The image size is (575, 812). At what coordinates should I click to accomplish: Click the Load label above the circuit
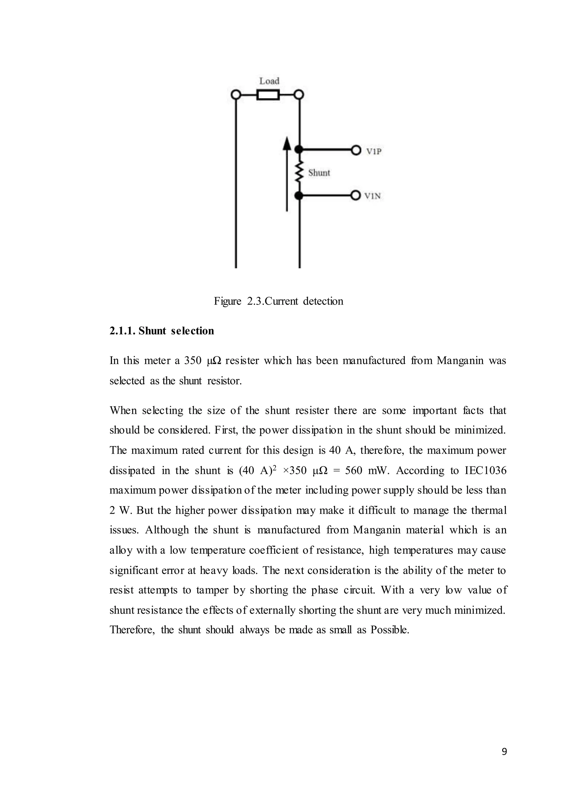pyautogui.click(x=269, y=81)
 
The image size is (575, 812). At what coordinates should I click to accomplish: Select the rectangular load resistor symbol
pyautogui.click(x=268, y=95)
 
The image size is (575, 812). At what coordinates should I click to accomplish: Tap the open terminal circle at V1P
pyautogui.click(x=356, y=150)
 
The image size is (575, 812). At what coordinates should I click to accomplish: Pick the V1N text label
pyautogui.click(x=373, y=196)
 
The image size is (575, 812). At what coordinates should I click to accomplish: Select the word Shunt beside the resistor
pyautogui.click(x=319, y=173)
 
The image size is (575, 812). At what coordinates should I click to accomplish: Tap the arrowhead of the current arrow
pyautogui.click(x=287, y=144)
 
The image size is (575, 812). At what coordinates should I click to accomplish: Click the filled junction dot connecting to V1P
pyautogui.click(x=300, y=150)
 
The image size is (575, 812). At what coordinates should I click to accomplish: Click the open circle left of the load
pyautogui.click(x=236, y=95)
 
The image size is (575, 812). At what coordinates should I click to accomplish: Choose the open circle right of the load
pyautogui.click(x=300, y=95)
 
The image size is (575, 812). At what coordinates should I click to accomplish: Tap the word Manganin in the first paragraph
pyautogui.click(x=460, y=361)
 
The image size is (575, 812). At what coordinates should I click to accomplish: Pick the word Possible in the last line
pyautogui.click(x=389, y=630)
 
